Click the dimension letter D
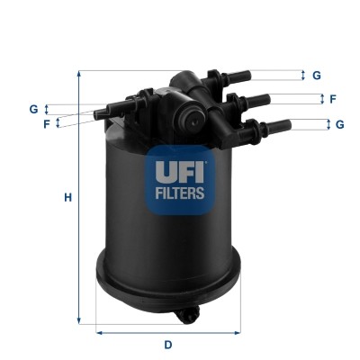click(167, 344)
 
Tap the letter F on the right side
click(332, 99)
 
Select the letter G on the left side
click(33, 109)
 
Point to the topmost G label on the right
click(317, 76)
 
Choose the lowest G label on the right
click(339, 124)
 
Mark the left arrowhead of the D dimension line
click(100, 330)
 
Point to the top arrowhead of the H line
click(81, 74)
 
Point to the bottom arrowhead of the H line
click(81, 321)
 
